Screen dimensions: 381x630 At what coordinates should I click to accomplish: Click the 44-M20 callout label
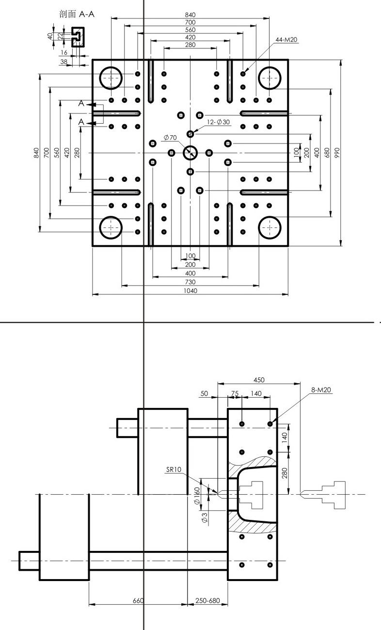(x=286, y=40)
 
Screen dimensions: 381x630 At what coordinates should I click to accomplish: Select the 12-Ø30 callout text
(x=218, y=122)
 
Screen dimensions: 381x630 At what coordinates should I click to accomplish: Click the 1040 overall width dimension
(x=190, y=291)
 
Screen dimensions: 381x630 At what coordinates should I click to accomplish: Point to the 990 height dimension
(x=337, y=152)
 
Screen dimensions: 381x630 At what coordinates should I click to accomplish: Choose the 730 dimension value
(x=190, y=282)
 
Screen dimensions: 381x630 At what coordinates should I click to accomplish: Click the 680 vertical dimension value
(x=327, y=152)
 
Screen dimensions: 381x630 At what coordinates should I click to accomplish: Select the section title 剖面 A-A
(x=77, y=14)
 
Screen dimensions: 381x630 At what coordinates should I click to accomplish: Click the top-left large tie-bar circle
(x=111, y=67)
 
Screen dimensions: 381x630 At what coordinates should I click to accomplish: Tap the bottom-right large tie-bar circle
(x=270, y=217)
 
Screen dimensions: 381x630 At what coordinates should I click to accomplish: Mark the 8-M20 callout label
(x=321, y=390)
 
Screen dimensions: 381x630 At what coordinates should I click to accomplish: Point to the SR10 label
(x=174, y=469)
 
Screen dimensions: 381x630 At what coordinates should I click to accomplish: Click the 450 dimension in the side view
(x=259, y=380)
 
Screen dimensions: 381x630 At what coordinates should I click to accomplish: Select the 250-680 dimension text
(x=207, y=601)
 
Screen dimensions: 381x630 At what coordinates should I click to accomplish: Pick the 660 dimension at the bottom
(x=138, y=601)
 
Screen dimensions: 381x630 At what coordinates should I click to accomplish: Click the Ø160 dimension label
(x=197, y=496)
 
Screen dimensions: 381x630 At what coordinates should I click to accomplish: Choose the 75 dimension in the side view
(x=235, y=393)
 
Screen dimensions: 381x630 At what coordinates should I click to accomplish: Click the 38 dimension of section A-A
(x=64, y=62)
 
